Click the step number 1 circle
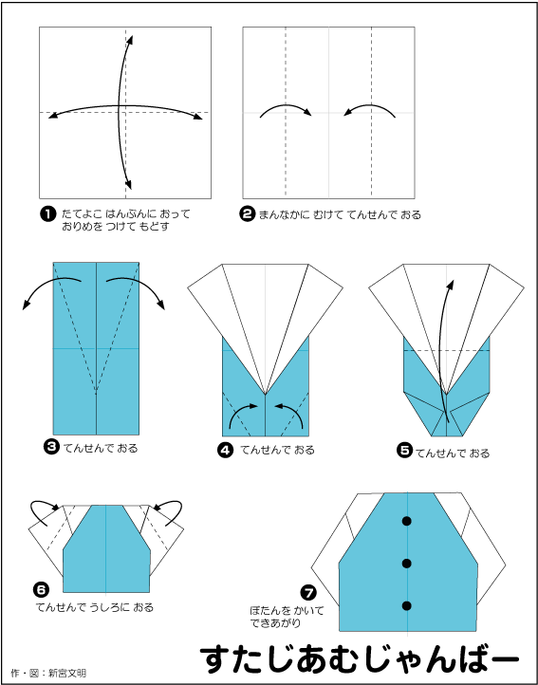pyautogui.click(x=47, y=214)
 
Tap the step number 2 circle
pyautogui.click(x=248, y=214)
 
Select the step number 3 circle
pyautogui.click(x=52, y=448)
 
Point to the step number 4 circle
pyautogui.click(x=225, y=450)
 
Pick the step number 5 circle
pyautogui.click(x=404, y=451)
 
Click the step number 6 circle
pyautogui.click(x=40, y=590)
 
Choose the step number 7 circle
pyautogui.click(x=308, y=593)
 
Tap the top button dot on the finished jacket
pyautogui.click(x=407, y=521)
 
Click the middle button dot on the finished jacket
pyautogui.click(x=407, y=564)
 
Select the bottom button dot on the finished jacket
pyautogui.click(x=407, y=605)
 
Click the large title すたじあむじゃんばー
pyautogui.click(x=360, y=659)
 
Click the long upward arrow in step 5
pyautogui.click(x=442, y=349)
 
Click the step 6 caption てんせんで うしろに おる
pyautogui.click(x=94, y=607)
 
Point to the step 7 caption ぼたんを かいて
pyautogui.click(x=287, y=611)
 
